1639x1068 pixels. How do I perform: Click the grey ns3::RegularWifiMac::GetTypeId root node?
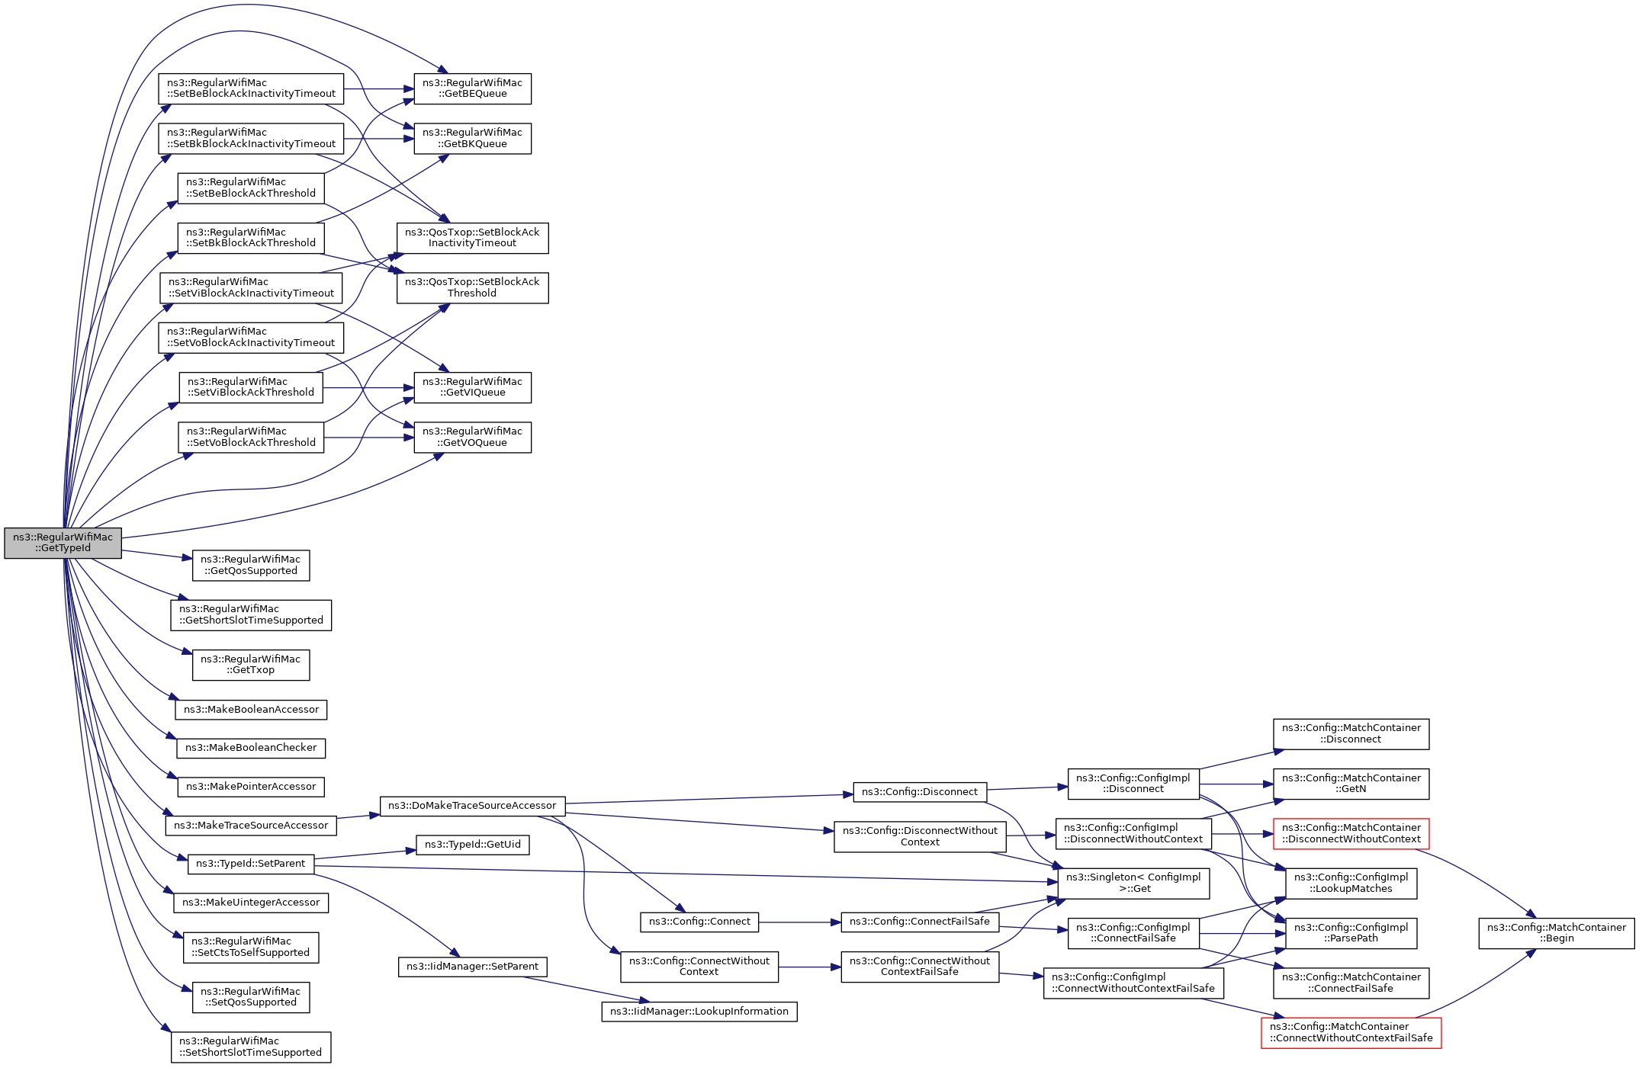63,542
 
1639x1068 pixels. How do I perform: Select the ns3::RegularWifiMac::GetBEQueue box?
472,88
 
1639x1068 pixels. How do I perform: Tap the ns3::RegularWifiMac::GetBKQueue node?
472,138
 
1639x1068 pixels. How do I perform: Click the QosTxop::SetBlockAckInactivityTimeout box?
472,238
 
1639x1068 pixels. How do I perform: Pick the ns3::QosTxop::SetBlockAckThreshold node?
472,287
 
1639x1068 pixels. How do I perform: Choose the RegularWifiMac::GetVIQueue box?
472,387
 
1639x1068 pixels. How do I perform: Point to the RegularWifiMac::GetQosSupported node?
251,565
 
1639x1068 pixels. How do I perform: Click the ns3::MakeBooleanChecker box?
251,748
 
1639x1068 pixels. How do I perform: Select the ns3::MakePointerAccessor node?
251,787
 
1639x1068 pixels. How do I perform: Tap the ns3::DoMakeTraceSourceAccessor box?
472,806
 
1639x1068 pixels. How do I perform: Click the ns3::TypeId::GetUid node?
472,845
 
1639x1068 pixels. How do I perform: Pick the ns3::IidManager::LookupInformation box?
699,1012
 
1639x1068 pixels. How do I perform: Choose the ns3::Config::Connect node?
699,922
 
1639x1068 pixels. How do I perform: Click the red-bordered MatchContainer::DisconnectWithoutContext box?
1351,833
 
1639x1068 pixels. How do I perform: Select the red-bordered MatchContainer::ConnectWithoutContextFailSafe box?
1351,1032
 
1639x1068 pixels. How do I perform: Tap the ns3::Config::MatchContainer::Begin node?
1556,933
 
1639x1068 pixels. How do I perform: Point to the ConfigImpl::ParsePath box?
1351,933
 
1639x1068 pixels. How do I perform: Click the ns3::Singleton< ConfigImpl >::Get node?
1133,883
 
